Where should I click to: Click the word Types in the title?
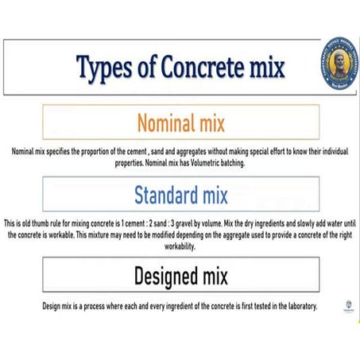pos(108,68)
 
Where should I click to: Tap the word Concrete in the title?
pos(198,68)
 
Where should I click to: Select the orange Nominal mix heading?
pos(180,123)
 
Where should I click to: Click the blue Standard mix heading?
pos(180,195)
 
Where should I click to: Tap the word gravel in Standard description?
pos(204,223)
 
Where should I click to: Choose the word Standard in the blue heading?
pos(162,195)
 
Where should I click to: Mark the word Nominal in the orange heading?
pos(165,123)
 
